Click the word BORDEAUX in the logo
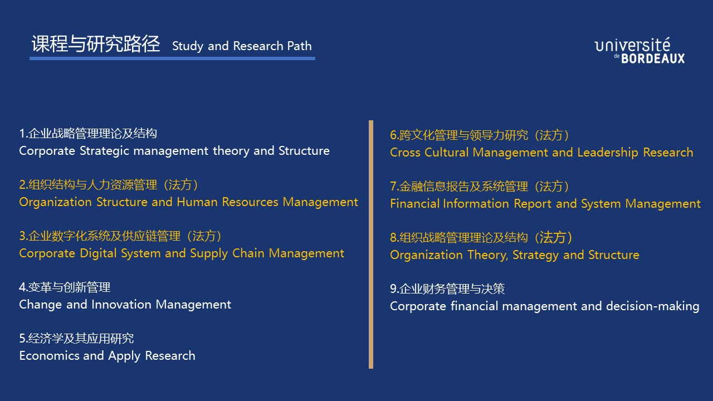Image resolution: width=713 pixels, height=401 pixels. [x=653, y=58]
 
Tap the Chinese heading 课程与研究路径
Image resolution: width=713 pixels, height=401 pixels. [x=95, y=43]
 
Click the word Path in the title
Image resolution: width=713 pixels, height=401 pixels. [x=299, y=46]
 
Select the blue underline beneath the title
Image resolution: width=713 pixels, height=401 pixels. [x=172, y=58]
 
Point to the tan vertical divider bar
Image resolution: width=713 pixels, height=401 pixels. [x=371, y=244]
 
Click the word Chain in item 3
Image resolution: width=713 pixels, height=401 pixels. [x=248, y=253]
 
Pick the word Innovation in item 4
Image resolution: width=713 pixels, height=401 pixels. [x=121, y=305]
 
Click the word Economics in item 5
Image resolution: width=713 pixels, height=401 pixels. [x=50, y=356]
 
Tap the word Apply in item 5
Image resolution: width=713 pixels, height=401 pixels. [x=124, y=356]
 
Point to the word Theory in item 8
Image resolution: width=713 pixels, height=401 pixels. [x=487, y=255]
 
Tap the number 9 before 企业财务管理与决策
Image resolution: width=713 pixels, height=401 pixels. [x=393, y=288]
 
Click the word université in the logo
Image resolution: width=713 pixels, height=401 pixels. [x=632, y=45]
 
